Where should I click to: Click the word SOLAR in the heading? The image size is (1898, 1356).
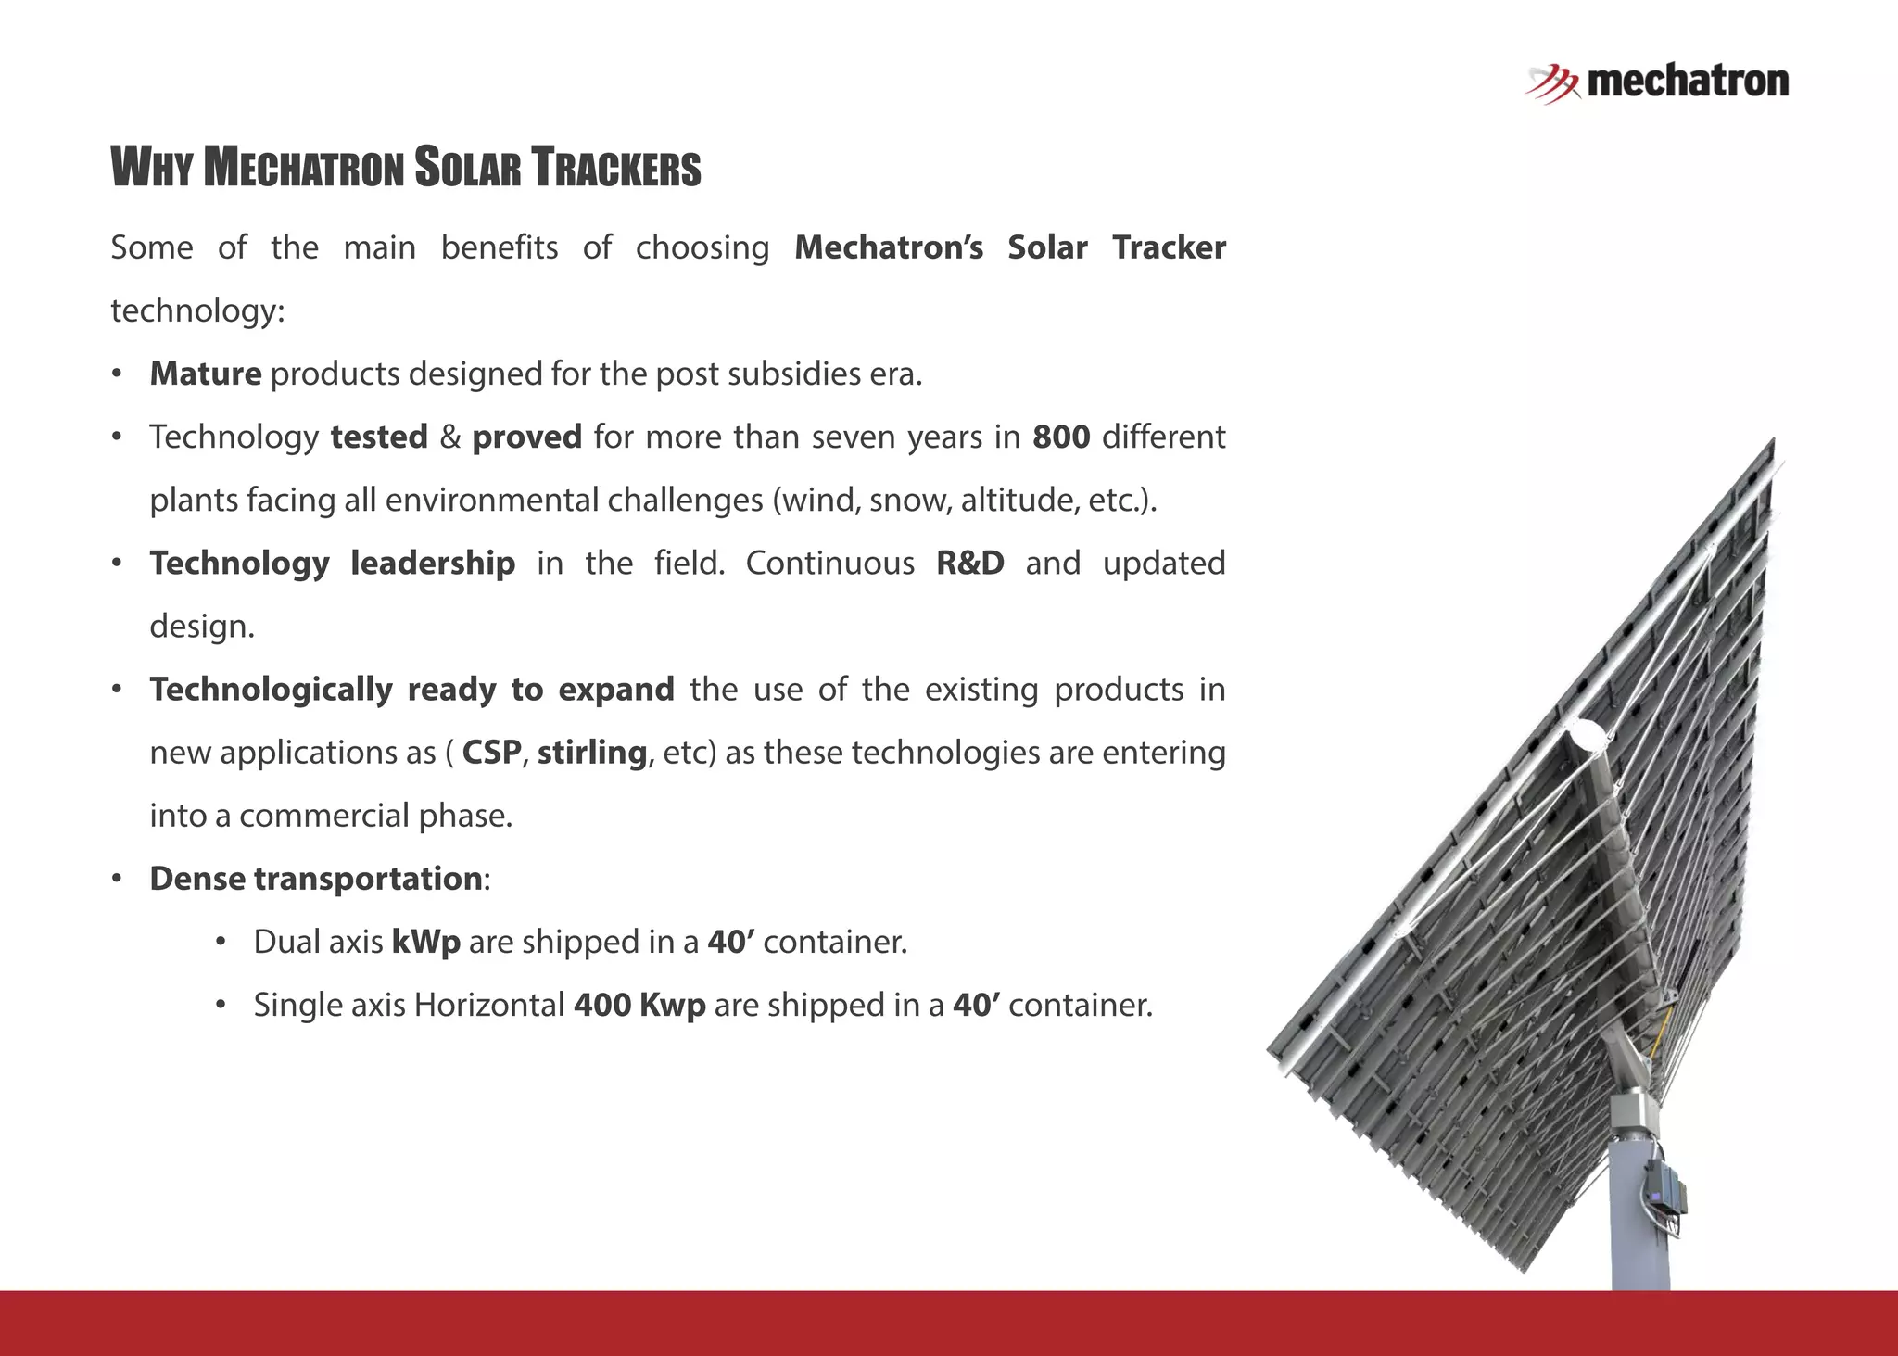[x=467, y=169]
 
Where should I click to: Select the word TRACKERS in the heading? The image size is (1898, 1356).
[x=616, y=169]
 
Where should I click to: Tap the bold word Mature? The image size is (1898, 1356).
[x=206, y=374]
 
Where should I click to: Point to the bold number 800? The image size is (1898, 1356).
[x=1061, y=437]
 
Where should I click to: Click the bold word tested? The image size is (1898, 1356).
[x=379, y=437]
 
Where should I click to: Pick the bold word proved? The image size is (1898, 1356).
[x=526, y=437]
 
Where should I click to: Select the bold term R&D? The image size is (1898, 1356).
[x=970, y=563]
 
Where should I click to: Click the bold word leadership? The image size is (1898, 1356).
[x=433, y=563]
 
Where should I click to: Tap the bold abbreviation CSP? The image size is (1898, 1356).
[x=491, y=752]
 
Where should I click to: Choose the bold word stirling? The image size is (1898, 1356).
[x=592, y=752]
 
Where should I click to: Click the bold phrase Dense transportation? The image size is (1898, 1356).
[x=316, y=878]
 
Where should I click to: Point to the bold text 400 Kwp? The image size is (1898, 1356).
[x=639, y=1005]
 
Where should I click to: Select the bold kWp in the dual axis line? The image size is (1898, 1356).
[x=426, y=942]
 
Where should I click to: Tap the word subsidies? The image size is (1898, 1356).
[x=792, y=374]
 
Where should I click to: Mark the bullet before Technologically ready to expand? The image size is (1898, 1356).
[x=117, y=690]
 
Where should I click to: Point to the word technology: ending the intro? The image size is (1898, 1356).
[x=197, y=310]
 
